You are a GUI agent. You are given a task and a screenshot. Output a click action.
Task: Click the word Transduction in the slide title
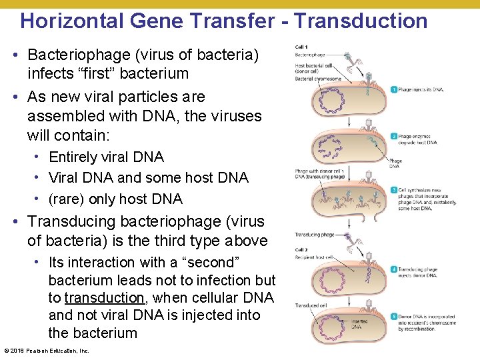point(361,21)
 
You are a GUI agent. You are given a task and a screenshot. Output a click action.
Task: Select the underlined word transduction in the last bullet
point(104,297)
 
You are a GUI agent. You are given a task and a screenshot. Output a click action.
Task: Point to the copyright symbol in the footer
point(7,351)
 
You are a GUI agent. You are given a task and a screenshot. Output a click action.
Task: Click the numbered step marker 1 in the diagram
point(394,89)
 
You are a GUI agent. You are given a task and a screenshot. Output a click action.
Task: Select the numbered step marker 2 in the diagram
point(394,136)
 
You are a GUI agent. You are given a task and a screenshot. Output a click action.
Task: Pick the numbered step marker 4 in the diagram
point(394,269)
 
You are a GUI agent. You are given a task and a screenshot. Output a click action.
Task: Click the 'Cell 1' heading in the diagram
point(302,47)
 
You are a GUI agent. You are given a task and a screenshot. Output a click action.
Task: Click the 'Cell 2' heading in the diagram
point(302,249)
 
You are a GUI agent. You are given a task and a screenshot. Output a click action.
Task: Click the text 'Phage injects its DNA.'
point(421,89)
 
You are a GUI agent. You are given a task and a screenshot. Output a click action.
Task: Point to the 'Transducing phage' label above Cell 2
point(315,235)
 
